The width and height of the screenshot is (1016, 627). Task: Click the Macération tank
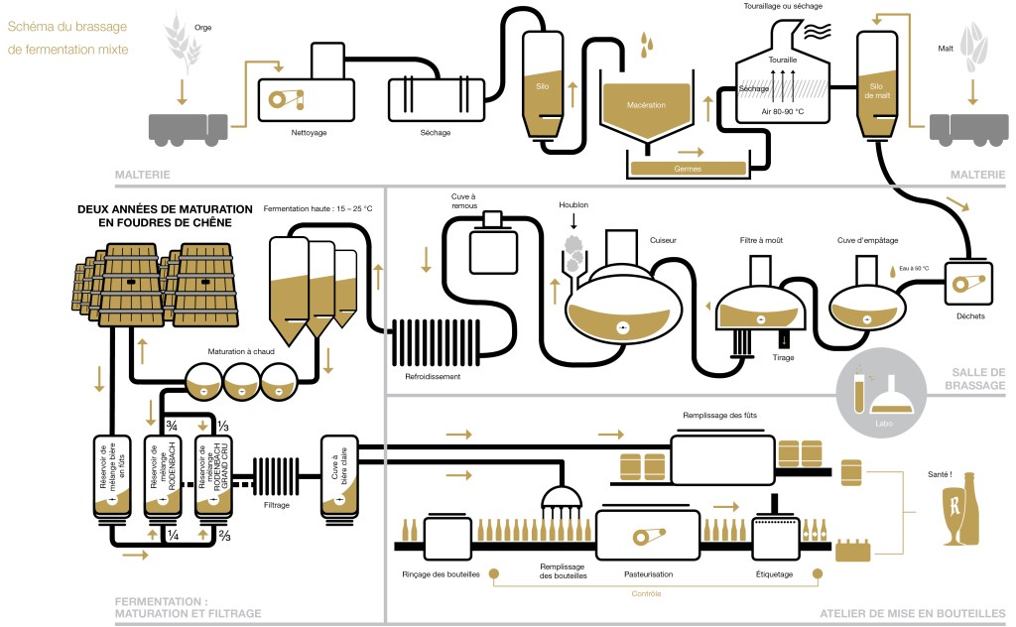click(x=646, y=108)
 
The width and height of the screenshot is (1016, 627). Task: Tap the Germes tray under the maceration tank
click(x=688, y=169)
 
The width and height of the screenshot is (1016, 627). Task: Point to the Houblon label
click(x=573, y=205)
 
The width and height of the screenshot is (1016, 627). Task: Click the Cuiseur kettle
click(x=622, y=309)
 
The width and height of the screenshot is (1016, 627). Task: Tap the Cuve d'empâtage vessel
click(x=865, y=306)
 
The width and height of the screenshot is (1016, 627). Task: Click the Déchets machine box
click(x=965, y=284)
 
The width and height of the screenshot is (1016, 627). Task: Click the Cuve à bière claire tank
click(x=337, y=476)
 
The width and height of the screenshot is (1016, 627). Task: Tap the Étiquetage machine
click(x=774, y=538)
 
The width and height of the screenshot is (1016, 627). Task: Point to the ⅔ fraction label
click(x=223, y=537)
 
